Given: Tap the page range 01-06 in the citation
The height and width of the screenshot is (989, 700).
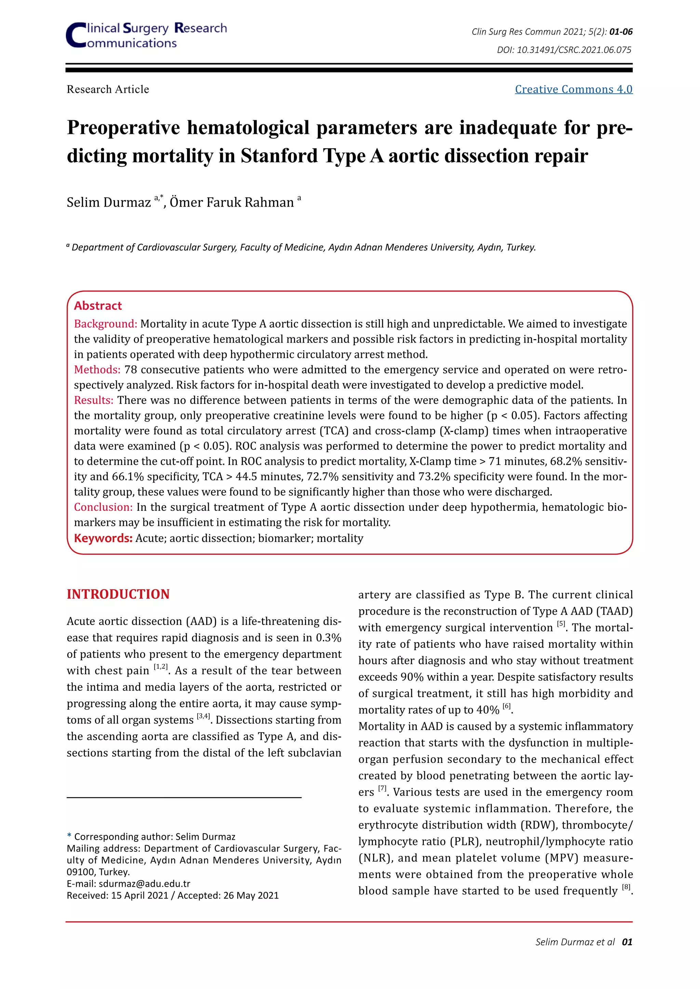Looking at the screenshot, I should pyautogui.click(x=621, y=32).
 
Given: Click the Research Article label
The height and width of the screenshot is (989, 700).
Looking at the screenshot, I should pyautogui.click(x=108, y=89).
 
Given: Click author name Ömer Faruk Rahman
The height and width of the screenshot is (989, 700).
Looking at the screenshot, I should pyautogui.click(x=231, y=203).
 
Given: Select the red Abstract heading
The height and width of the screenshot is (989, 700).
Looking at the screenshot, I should pyautogui.click(x=98, y=306).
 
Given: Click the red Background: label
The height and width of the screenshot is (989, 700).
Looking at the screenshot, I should pyautogui.click(x=106, y=324).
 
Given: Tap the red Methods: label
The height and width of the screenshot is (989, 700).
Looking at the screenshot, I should pyautogui.click(x=97, y=370).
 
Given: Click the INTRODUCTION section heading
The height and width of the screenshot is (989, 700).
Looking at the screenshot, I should pyautogui.click(x=118, y=595).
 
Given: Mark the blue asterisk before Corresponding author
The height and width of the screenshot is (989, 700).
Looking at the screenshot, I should pyautogui.click(x=69, y=836).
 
